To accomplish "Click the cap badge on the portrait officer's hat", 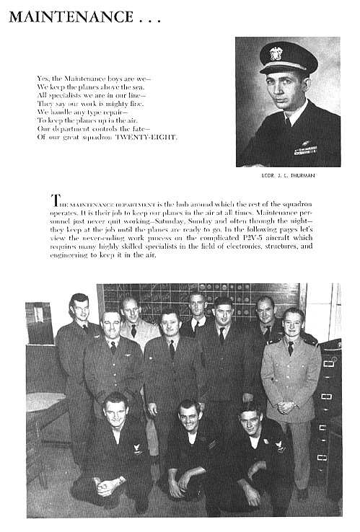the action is point(276,53).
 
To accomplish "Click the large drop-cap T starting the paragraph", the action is point(54,200).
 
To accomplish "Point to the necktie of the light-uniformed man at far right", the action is point(290,349).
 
